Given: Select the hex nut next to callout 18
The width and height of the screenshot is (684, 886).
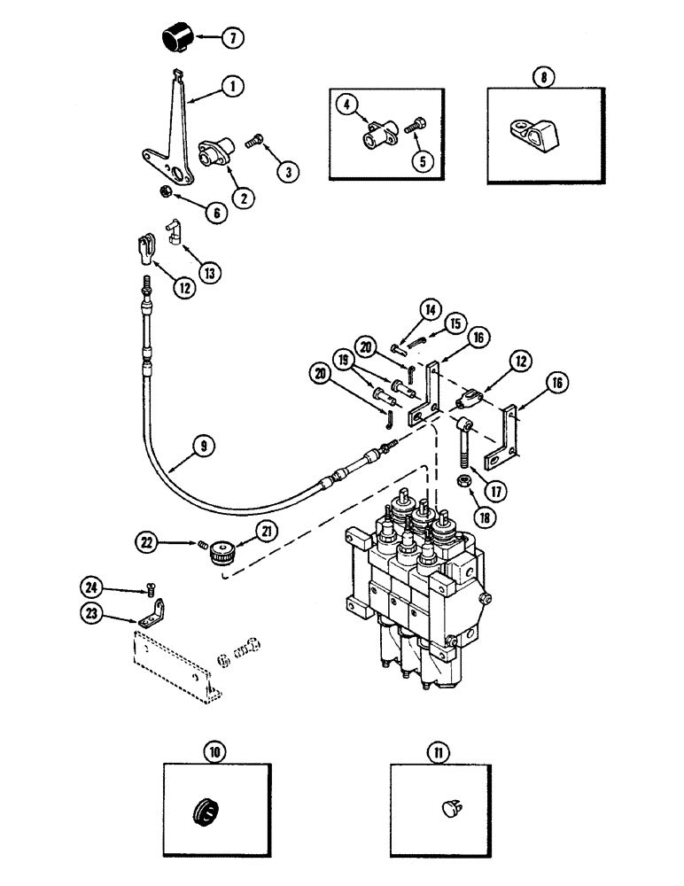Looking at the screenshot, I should tap(463, 481).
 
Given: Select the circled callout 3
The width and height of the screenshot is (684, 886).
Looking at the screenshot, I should tap(285, 172).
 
